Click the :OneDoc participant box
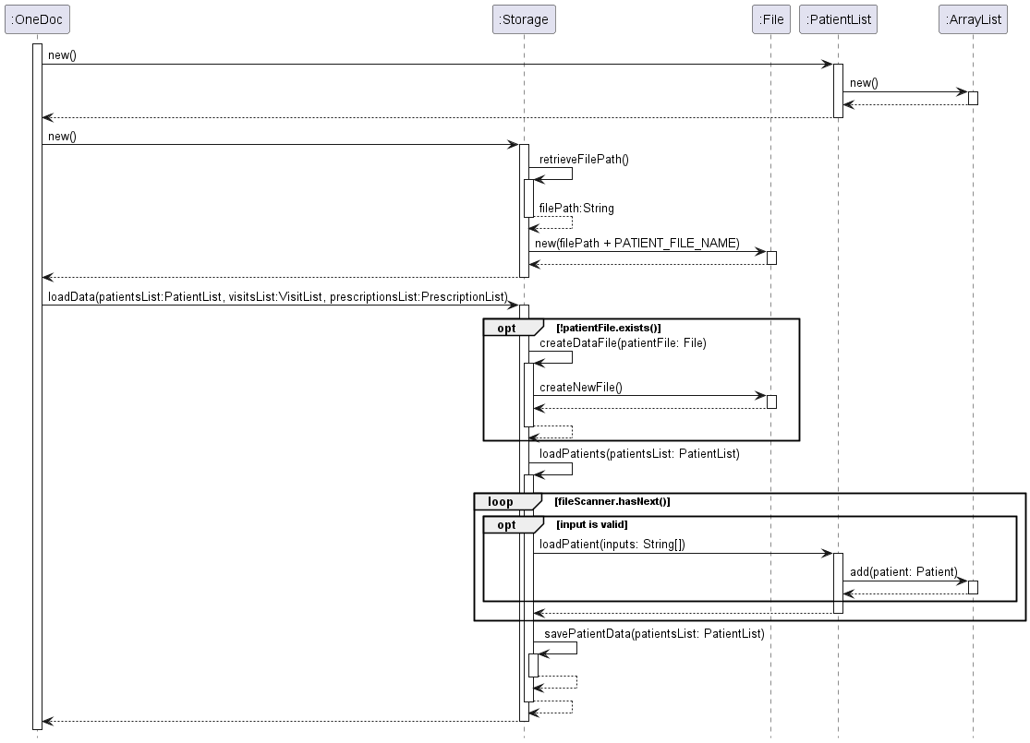(x=37, y=19)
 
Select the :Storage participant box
(x=524, y=19)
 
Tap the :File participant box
(x=771, y=19)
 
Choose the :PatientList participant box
(x=838, y=19)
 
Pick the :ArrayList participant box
(x=973, y=19)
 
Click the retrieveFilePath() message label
(x=584, y=160)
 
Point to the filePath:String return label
(x=576, y=208)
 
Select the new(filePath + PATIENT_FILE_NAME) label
(x=637, y=244)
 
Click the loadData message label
(x=278, y=296)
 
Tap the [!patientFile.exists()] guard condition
(x=608, y=329)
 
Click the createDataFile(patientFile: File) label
(x=623, y=343)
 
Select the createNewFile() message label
(x=581, y=388)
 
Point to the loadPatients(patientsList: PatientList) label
(x=639, y=453)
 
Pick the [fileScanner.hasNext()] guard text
(x=612, y=501)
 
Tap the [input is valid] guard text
(x=592, y=524)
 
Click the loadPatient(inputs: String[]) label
(x=612, y=545)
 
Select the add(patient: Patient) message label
(x=903, y=571)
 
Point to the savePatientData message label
(x=654, y=634)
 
